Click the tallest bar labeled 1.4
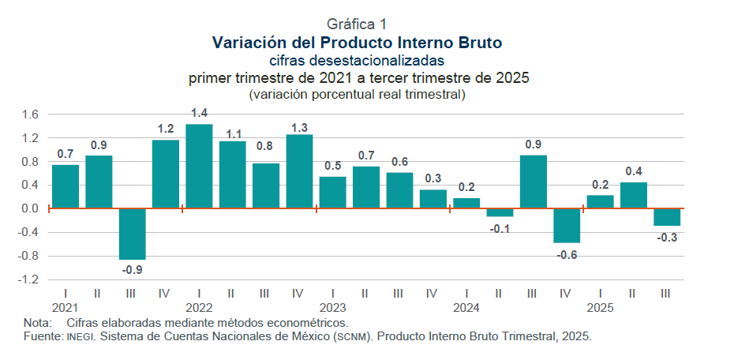click(199, 167)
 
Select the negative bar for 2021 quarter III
click(132, 234)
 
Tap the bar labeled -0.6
click(566, 226)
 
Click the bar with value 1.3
click(299, 171)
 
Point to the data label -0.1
click(501, 228)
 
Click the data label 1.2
click(166, 128)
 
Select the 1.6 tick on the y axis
click(30, 114)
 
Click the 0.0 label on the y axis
click(30, 209)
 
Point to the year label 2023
click(332, 307)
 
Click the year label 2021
click(65, 307)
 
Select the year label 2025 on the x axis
click(600, 307)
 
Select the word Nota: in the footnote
click(37, 323)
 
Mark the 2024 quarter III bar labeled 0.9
click(533, 182)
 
